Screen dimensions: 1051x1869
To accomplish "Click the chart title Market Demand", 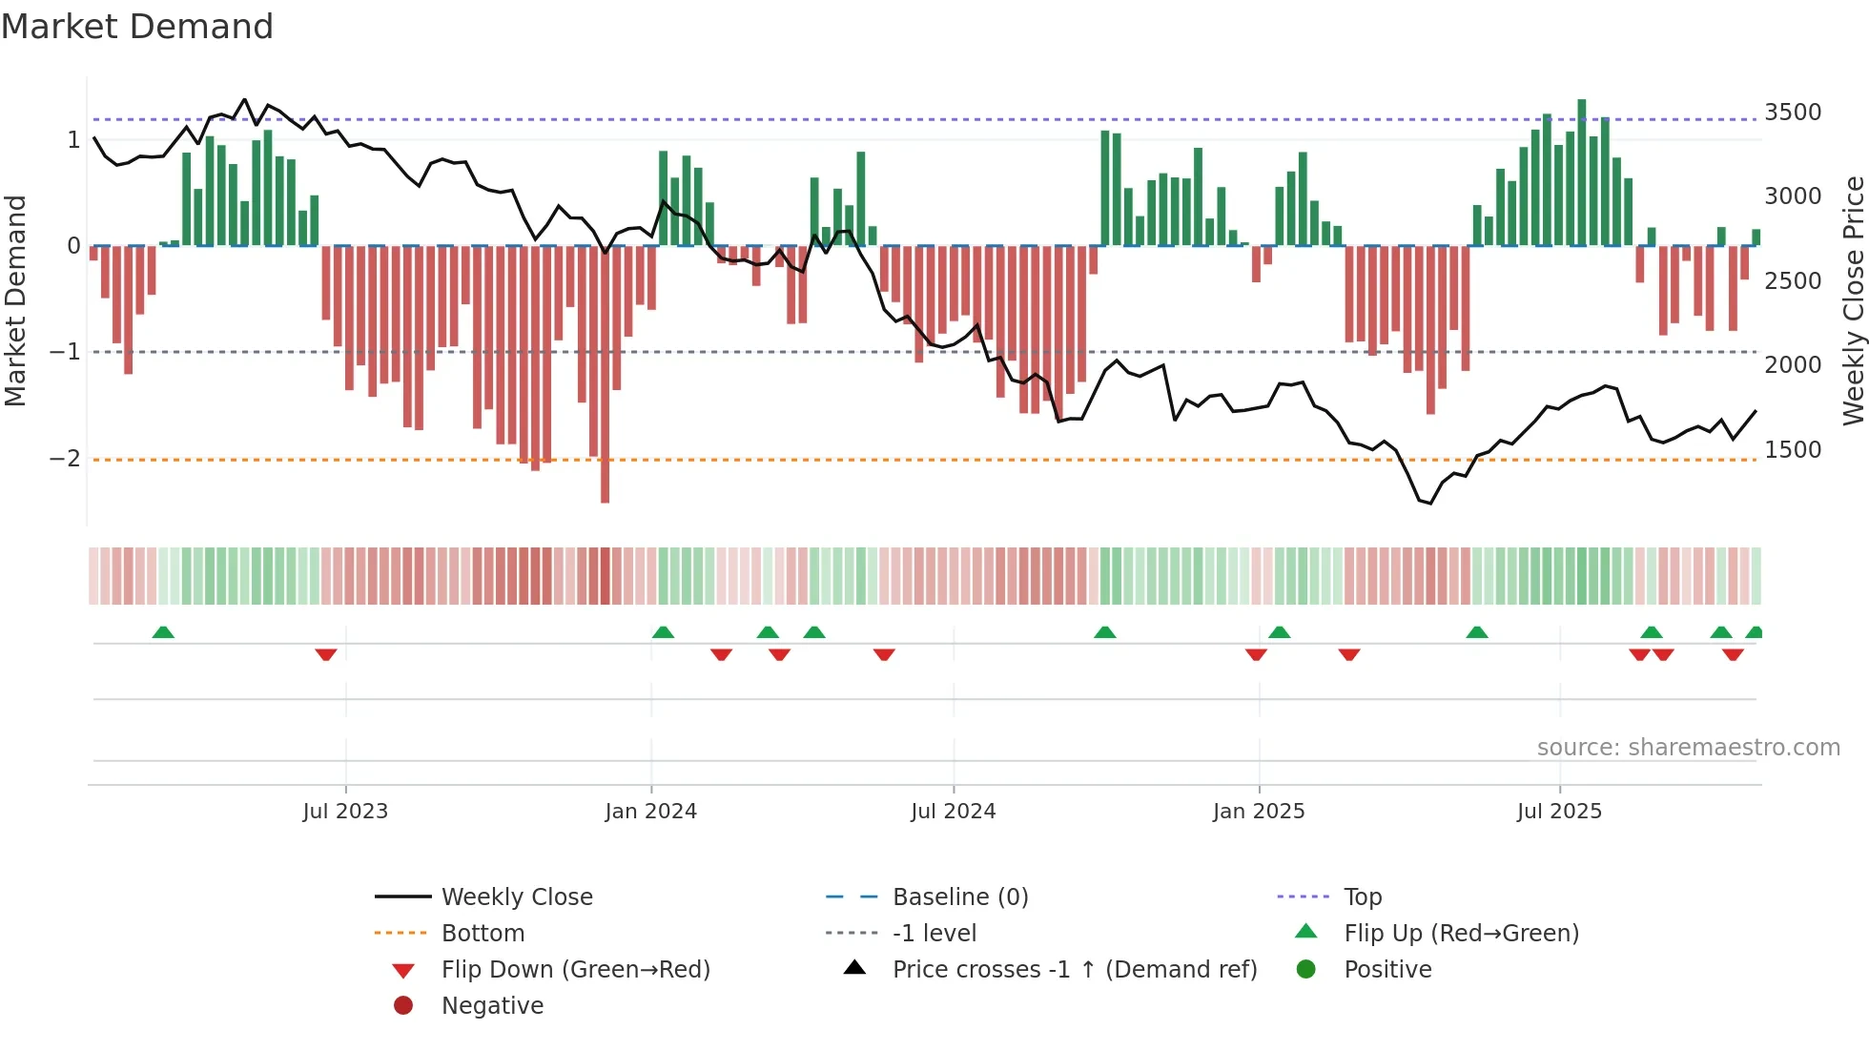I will (137, 27).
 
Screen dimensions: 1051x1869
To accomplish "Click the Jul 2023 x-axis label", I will (345, 812).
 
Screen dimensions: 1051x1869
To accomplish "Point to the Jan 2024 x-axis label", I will (651, 812).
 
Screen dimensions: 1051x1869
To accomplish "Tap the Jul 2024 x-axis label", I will (954, 812).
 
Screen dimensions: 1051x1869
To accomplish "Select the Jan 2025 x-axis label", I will (1259, 812).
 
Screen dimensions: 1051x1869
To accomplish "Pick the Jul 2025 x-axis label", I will (1560, 812).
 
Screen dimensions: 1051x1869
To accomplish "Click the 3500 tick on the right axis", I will (1793, 113).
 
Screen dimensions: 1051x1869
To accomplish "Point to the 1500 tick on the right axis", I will (1793, 450).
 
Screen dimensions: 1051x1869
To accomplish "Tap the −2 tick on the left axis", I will (66, 459).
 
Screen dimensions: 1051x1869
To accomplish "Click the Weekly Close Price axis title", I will (1853, 300).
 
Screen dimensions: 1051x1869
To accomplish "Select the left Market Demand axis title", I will (16, 300).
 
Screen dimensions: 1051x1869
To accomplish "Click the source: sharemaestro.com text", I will (1688, 748).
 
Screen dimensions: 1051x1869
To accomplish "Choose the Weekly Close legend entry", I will (517, 897).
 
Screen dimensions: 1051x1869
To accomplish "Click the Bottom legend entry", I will (483, 934).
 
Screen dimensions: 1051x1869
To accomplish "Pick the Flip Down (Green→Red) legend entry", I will (575, 970).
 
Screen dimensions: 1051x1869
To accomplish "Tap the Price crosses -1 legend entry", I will (1075, 970).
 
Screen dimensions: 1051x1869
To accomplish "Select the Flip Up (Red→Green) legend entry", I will (1461, 934).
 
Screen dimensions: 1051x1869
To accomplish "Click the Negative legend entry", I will (492, 1006).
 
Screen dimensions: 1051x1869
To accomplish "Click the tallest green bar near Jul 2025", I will (1582, 172).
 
